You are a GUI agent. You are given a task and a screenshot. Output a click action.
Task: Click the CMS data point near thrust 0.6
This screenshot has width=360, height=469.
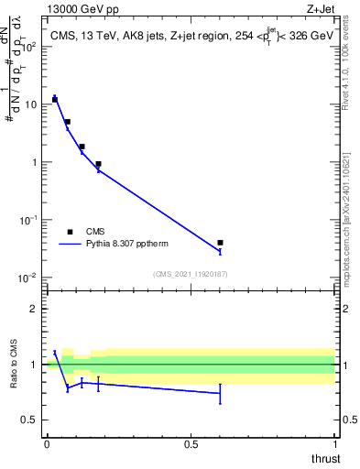(x=220, y=243)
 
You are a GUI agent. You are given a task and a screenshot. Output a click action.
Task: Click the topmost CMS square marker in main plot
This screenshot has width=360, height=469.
(x=55, y=99)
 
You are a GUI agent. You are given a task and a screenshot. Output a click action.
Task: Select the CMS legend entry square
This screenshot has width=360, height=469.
(x=70, y=232)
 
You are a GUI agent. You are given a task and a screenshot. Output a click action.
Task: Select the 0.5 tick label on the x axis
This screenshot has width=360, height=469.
(x=191, y=443)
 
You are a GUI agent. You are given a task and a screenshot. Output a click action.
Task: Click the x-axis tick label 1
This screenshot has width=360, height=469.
(x=334, y=443)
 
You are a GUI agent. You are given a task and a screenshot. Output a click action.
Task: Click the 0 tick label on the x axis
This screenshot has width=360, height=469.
(x=47, y=443)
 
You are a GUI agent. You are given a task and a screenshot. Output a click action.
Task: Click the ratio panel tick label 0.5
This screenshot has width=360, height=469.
(x=29, y=420)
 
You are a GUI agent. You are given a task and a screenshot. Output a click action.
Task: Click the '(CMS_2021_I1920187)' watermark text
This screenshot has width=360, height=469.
(x=191, y=273)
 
